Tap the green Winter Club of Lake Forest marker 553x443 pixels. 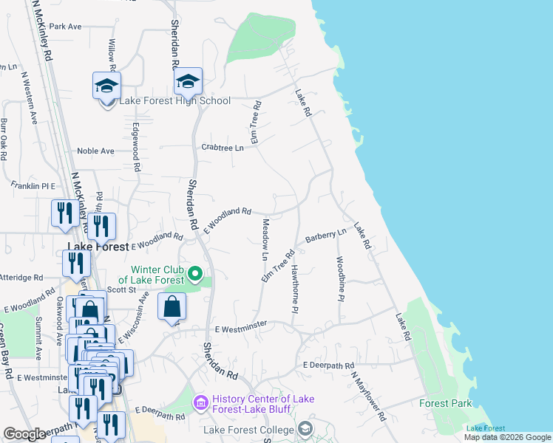click(x=195, y=275)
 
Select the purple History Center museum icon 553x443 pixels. click(x=200, y=403)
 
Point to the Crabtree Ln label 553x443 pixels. click(x=223, y=148)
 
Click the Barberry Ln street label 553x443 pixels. click(x=325, y=236)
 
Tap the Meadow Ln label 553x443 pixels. click(x=265, y=238)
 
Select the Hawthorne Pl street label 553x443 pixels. click(x=294, y=288)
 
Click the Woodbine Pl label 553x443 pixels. click(x=341, y=278)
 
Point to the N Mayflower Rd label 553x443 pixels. click(x=368, y=396)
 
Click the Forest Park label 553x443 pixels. click(x=445, y=404)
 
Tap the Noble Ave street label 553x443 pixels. click(x=96, y=151)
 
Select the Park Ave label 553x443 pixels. click(x=65, y=27)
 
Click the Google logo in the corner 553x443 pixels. click(x=24, y=434)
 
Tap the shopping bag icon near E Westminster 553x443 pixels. click(x=172, y=306)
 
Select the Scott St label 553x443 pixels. click(x=122, y=290)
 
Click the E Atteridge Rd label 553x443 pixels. click(x=21, y=278)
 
